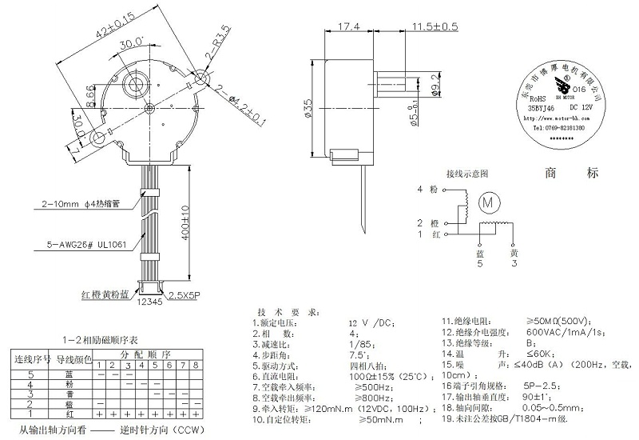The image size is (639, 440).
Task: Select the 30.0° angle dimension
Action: pos(131,42)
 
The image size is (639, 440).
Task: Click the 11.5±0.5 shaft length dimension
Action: pos(435,26)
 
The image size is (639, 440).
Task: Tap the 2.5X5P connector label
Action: pos(183,296)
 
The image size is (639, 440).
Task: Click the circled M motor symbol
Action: pos(487,203)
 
